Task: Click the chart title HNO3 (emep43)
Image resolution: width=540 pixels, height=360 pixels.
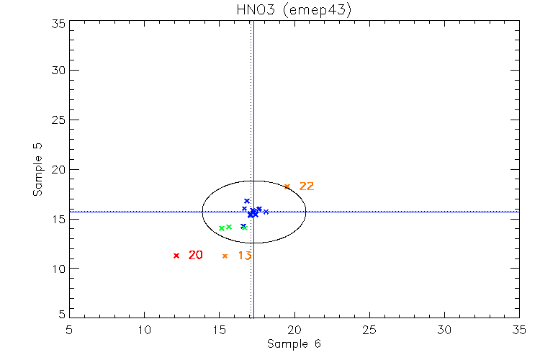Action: click(293, 10)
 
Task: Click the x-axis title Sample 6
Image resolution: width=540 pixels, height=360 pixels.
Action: click(294, 343)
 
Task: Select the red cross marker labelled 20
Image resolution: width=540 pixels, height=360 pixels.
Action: click(176, 256)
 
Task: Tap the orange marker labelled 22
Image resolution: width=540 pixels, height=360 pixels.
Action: click(287, 186)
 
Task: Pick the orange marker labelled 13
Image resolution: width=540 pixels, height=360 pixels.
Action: click(225, 256)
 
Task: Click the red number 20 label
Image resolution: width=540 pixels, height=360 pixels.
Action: click(195, 255)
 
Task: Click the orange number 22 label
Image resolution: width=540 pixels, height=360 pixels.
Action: click(307, 186)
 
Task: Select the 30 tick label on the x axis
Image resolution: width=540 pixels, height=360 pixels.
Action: click(444, 329)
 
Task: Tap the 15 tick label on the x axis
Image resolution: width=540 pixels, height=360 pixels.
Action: click(219, 329)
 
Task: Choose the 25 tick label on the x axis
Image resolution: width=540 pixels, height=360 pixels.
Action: click(369, 329)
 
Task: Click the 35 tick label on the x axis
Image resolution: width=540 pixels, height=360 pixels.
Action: click(519, 329)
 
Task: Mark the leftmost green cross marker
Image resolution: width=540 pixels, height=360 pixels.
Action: click(221, 228)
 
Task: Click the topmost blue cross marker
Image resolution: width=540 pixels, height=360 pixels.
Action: click(246, 201)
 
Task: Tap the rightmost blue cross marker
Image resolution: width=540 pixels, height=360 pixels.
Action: click(266, 212)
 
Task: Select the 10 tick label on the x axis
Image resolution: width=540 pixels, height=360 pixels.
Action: click(144, 329)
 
